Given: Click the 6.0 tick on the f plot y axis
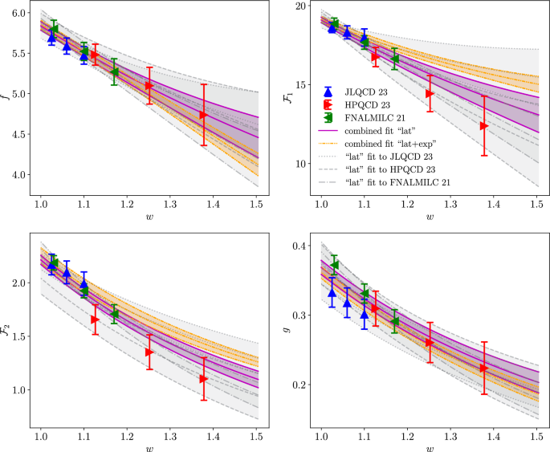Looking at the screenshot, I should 17,13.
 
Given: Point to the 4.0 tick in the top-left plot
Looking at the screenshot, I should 17,175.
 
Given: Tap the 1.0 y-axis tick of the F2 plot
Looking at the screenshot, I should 17,390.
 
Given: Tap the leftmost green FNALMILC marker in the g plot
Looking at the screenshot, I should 335,265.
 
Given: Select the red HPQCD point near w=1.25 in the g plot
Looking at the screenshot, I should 429,343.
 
